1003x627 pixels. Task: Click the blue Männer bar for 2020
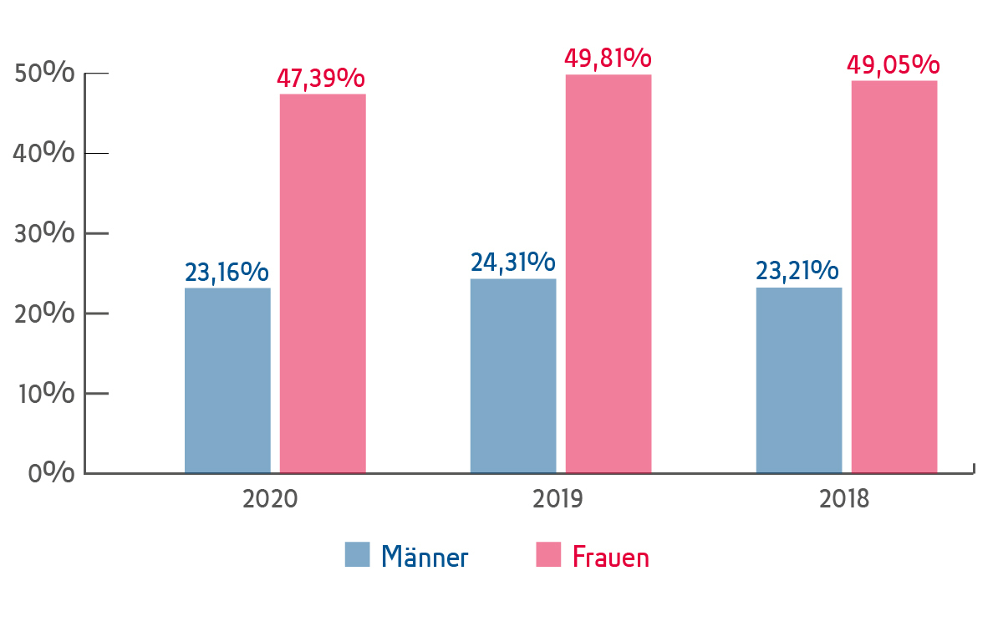pyautogui.click(x=227, y=380)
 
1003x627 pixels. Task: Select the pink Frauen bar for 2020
pyautogui.click(x=323, y=283)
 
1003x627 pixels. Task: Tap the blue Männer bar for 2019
pyautogui.click(x=513, y=376)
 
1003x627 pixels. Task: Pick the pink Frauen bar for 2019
pyautogui.click(x=608, y=274)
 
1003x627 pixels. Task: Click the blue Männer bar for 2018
pyautogui.click(x=799, y=380)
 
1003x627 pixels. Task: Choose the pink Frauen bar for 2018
pyautogui.click(x=894, y=277)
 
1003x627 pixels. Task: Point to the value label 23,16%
pyautogui.click(x=227, y=273)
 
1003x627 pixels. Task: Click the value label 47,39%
pyautogui.click(x=321, y=79)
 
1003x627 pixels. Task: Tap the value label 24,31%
pyautogui.click(x=513, y=263)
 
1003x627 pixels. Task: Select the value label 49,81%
pyautogui.click(x=608, y=59)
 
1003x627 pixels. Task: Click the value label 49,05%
pyautogui.click(x=894, y=64)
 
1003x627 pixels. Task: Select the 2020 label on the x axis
pyautogui.click(x=270, y=500)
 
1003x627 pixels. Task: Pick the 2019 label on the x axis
pyautogui.click(x=558, y=500)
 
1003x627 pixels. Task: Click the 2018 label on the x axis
pyautogui.click(x=844, y=500)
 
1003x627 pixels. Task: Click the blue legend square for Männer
pyautogui.click(x=357, y=554)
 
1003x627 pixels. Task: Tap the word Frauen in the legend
pyautogui.click(x=610, y=557)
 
